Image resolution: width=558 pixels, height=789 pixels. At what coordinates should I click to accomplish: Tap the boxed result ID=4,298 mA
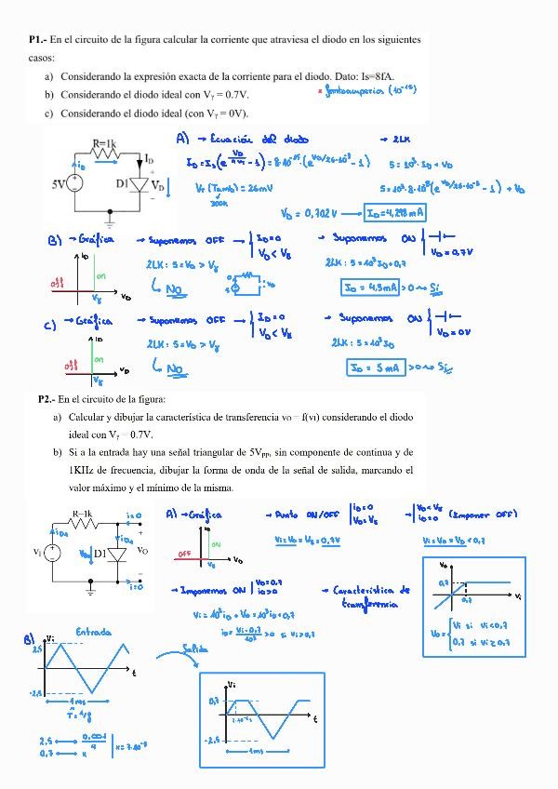coord(395,213)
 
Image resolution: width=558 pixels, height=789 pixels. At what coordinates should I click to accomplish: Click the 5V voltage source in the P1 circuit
coord(75,183)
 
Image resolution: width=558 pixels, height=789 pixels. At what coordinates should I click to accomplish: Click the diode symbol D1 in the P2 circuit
coord(116,555)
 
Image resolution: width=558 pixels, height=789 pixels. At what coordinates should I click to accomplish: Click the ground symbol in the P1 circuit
coord(111,223)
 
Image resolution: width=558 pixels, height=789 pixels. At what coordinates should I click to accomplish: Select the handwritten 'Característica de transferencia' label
coord(372,596)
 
